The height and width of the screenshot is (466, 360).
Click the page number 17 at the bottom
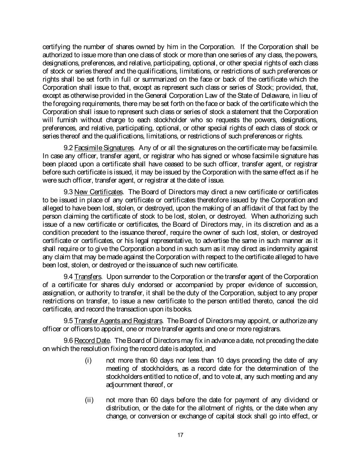tap(181, 435)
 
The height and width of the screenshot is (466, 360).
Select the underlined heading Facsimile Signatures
tap(104, 148)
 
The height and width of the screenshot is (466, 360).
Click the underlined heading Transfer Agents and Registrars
tap(118, 321)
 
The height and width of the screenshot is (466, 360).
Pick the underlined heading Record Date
tap(92, 341)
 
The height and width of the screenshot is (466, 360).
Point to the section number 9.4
tap(68, 277)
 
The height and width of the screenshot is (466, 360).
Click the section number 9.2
tap(68, 148)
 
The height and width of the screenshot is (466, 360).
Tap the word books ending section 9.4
tap(185, 309)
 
